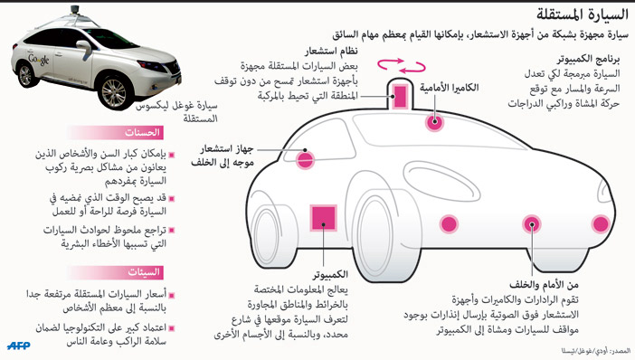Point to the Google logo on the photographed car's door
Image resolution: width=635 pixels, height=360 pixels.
pyautogui.click(x=42, y=59)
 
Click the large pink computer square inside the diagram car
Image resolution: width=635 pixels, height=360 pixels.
pyautogui.click(x=324, y=220)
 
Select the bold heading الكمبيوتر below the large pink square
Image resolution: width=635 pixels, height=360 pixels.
pyautogui.click(x=332, y=272)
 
